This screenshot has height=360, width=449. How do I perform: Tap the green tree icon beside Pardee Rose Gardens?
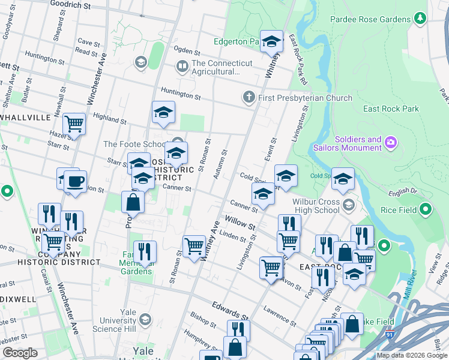[420, 19]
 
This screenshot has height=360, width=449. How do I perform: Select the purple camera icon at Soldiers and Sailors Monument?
[391, 143]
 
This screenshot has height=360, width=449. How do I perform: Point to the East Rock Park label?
[391, 109]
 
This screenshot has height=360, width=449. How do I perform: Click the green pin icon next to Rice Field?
[426, 210]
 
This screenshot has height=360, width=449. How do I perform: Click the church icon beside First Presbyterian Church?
[249, 97]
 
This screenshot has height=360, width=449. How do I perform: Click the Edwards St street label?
[230, 311]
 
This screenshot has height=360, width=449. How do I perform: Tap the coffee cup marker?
[75, 182]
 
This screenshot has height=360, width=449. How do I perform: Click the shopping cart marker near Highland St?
[74, 124]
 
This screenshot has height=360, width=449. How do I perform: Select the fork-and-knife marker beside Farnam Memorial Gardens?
[145, 251]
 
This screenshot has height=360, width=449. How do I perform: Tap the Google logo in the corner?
[20, 353]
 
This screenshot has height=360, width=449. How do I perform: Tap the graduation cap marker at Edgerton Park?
[271, 41]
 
